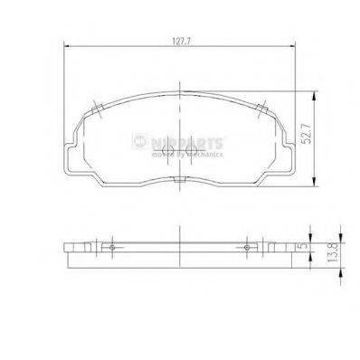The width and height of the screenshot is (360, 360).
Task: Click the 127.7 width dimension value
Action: tap(181, 40)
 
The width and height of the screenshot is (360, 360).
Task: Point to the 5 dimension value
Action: tap(308, 243)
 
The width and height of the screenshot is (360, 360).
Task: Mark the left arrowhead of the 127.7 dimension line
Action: tap(68, 48)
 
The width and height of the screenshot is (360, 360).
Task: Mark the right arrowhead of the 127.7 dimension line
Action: tap(294, 48)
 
